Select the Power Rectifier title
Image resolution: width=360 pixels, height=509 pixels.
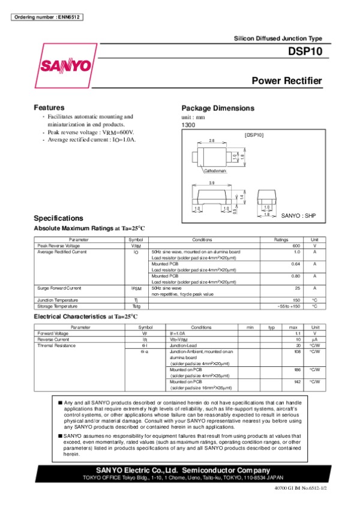tap(287, 81)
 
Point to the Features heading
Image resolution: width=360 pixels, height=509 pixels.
tap(49, 107)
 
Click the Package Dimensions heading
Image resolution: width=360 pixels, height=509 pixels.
tap(218, 108)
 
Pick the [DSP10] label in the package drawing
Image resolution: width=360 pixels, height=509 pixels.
tap(254, 135)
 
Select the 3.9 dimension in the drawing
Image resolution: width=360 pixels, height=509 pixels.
tap(211, 183)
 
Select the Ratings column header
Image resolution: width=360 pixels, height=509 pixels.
tap(281, 240)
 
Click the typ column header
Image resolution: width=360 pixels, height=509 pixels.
tap(271, 327)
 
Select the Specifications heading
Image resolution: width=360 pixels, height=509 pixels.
tap(58, 218)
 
